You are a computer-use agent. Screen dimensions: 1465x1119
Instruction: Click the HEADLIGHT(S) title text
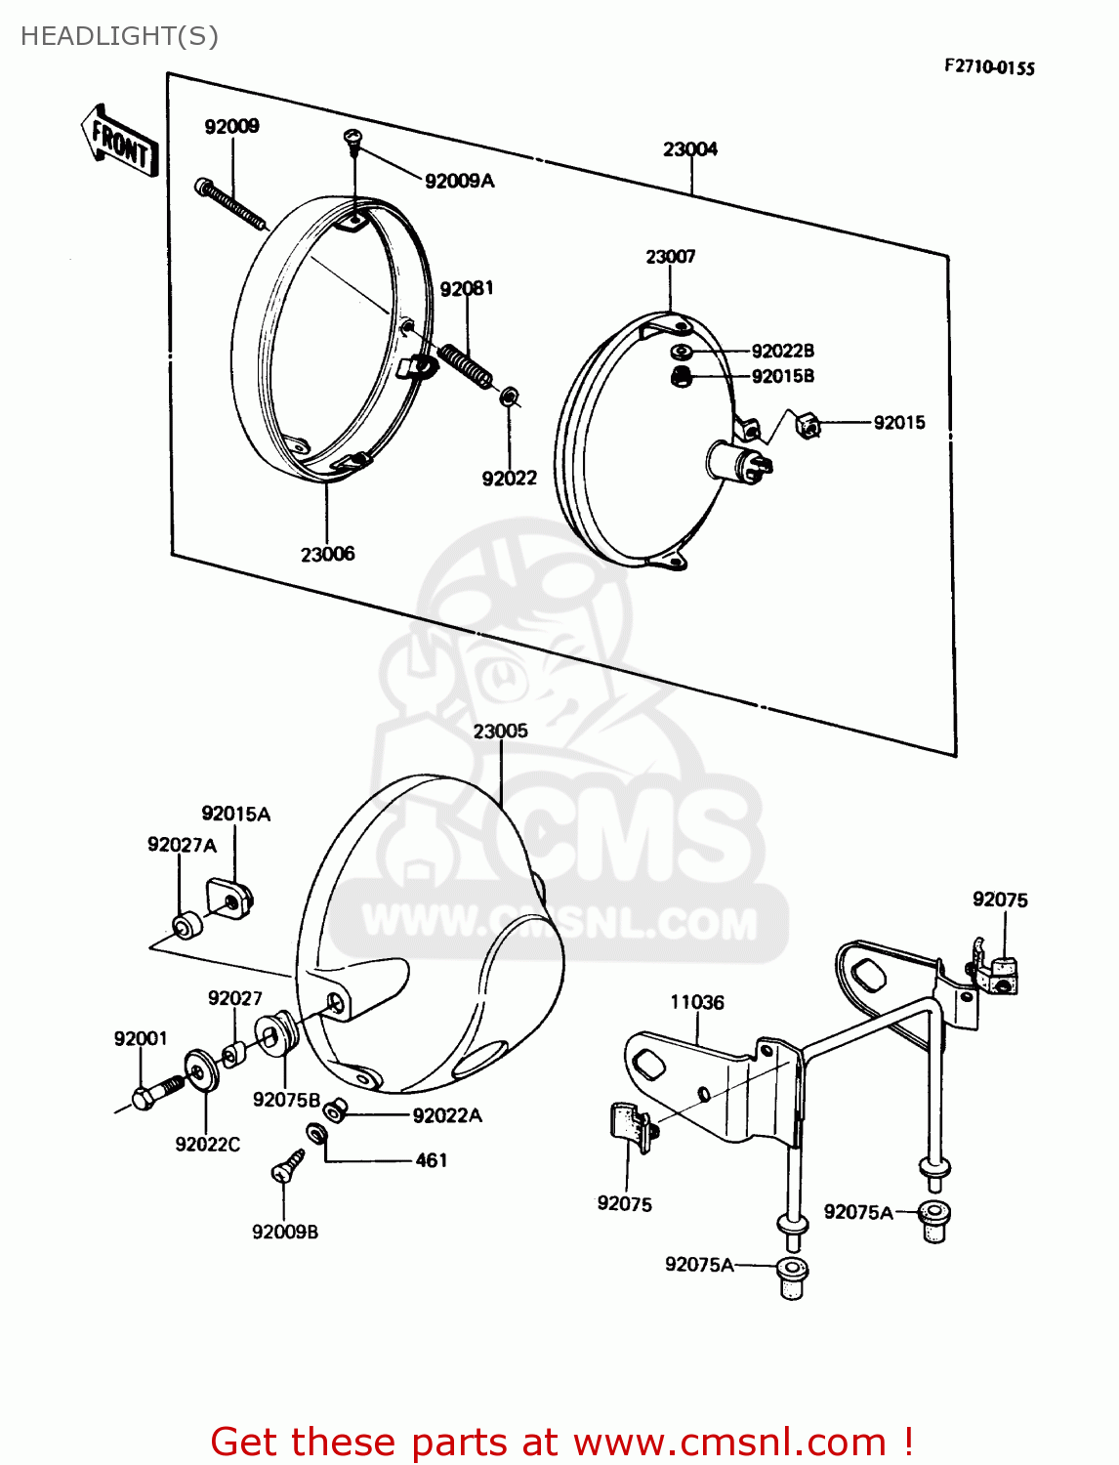click(119, 36)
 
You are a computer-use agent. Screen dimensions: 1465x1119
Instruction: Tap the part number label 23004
click(689, 149)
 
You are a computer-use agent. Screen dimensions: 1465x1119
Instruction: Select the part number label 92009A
click(459, 181)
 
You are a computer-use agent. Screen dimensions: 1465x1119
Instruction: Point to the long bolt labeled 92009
click(230, 203)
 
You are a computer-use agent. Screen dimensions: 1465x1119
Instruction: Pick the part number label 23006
click(327, 554)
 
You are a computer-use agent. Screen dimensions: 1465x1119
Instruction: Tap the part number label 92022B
click(782, 351)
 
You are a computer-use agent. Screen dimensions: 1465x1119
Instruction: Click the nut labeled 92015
click(808, 426)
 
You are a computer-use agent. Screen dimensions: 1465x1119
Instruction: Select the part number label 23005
click(500, 731)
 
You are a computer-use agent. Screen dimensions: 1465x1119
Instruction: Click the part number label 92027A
click(182, 845)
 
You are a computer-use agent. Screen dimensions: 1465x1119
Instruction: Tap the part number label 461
click(431, 1160)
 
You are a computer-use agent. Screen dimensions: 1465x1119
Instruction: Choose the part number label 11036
click(696, 1002)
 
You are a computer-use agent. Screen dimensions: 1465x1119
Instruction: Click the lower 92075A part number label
click(698, 1265)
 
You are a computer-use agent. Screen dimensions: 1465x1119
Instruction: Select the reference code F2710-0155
click(988, 67)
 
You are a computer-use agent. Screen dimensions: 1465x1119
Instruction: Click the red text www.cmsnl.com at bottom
click(728, 1443)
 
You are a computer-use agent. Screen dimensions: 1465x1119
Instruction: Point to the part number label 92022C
click(207, 1144)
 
